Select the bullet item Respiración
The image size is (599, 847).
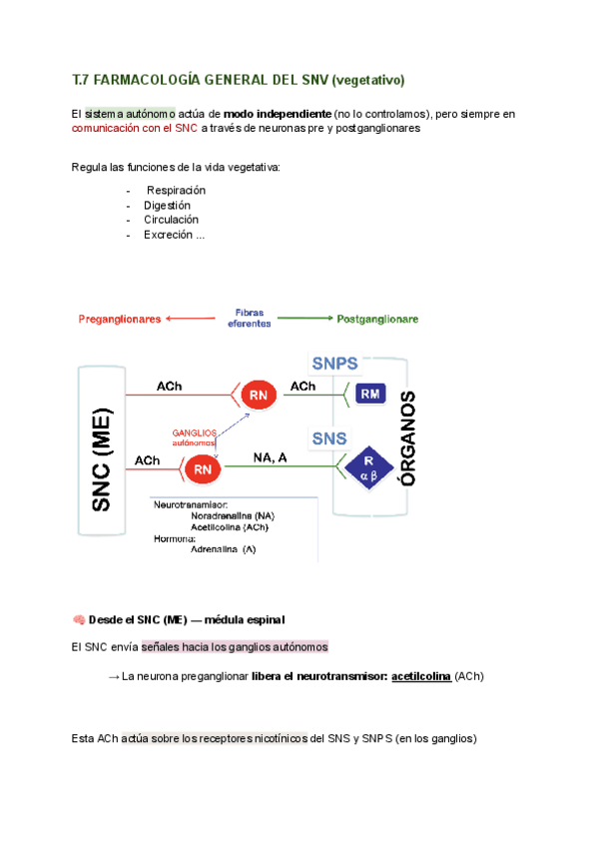tap(176, 190)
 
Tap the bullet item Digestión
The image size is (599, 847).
tap(167, 205)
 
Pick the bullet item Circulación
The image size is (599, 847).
tap(171, 220)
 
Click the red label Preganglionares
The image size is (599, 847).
tap(120, 320)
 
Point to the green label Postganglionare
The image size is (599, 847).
tap(377, 320)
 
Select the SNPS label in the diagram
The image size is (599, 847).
tap(334, 364)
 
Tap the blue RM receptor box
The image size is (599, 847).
tap(371, 395)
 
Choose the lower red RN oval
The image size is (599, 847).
tap(204, 468)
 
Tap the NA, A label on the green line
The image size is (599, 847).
tap(270, 457)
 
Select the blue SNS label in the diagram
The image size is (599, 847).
tap(329, 438)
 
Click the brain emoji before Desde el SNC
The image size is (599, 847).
tap(79, 619)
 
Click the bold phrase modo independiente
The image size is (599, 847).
tap(278, 114)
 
